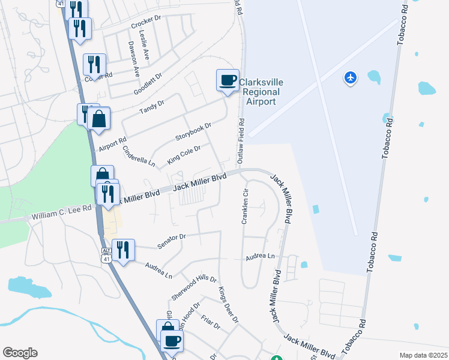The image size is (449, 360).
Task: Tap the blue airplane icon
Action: point(351,77)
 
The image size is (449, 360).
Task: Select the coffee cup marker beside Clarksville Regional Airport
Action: point(227,80)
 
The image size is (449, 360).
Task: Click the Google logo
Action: point(20,353)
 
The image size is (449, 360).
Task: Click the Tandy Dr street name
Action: point(151,107)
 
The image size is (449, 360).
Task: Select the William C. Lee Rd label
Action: point(62,212)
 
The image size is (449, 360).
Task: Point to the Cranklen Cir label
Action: point(245,206)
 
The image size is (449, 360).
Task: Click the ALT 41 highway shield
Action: point(106,254)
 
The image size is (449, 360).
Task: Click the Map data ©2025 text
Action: point(423,355)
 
